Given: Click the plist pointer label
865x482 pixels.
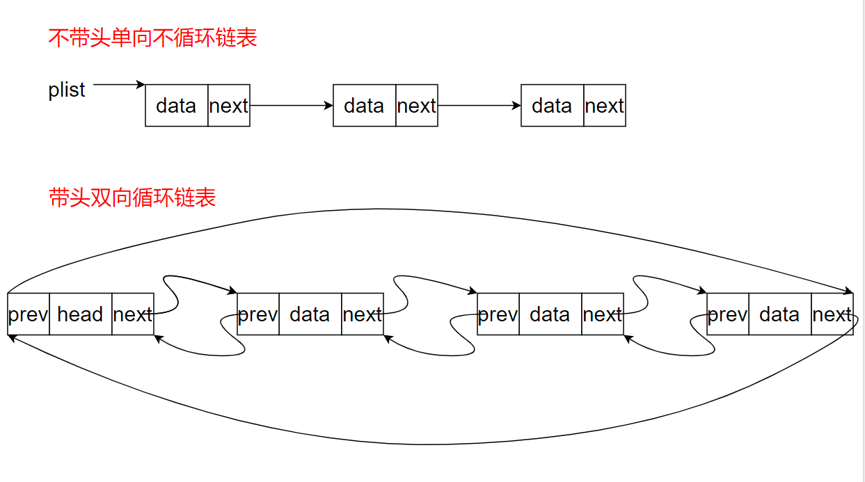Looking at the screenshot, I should pyautogui.click(x=67, y=90).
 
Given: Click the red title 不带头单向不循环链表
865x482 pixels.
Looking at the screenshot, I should pyautogui.click(x=152, y=38).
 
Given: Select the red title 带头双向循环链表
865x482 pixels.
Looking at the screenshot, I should pyautogui.click(x=132, y=198).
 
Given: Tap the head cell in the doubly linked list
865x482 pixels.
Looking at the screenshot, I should pyautogui.click(x=80, y=314).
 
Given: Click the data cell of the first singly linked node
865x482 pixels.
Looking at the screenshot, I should pyautogui.click(x=176, y=106).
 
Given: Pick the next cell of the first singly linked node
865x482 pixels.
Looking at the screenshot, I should pyautogui.click(x=228, y=106).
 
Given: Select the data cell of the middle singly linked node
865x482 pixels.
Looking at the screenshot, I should pyautogui.click(x=364, y=106).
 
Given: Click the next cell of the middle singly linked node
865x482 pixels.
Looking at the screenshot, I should pyautogui.click(x=416, y=106).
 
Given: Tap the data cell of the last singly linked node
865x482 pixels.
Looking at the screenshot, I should pyautogui.click(x=552, y=106).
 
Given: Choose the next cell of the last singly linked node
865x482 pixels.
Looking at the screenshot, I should pyautogui.click(x=604, y=106).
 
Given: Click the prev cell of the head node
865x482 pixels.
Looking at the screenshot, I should pyautogui.click(x=28, y=314).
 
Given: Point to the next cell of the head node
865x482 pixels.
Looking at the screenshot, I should pyautogui.click(x=132, y=314).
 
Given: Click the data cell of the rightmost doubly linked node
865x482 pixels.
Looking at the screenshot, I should pyautogui.click(x=779, y=314).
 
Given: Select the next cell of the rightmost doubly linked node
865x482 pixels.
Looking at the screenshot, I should pyautogui.click(x=832, y=314).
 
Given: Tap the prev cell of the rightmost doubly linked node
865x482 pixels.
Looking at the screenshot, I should pyautogui.click(x=727, y=314).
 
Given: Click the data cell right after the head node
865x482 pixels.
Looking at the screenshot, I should pyautogui.click(x=310, y=314).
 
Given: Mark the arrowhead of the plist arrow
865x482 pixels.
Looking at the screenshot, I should pyautogui.click(x=141, y=85).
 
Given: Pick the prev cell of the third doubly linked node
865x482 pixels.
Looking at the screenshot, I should pyautogui.click(x=498, y=314).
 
